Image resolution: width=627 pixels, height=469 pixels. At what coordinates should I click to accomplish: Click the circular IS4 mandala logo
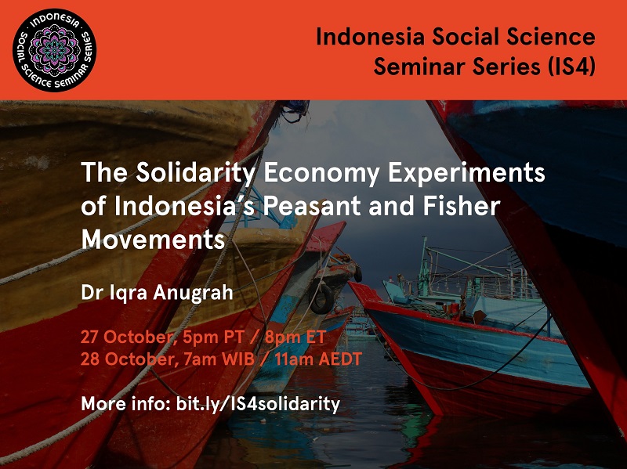(54, 50)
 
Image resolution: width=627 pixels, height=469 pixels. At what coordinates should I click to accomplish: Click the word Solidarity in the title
(194, 173)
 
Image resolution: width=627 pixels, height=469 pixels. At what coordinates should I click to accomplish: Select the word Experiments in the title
(466, 173)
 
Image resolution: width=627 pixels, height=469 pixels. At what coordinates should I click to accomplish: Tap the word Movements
(153, 240)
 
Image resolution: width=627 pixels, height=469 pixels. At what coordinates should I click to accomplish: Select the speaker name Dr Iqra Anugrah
(157, 293)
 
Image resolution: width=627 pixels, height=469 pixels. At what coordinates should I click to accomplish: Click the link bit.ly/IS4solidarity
(259, 404)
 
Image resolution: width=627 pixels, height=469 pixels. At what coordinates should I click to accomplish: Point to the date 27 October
(128, 337)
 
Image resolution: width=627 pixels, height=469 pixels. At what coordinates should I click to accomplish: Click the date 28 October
(128, 359)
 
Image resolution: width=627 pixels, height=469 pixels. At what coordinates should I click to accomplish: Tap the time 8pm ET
(295, 337)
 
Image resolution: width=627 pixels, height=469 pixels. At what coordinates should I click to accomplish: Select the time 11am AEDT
(318, 359)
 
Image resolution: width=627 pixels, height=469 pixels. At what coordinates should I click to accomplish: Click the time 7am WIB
(219, 359)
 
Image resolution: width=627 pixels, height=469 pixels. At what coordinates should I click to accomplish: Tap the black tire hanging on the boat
(322, 298)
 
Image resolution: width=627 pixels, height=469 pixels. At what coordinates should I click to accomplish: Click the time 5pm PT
(213, 338)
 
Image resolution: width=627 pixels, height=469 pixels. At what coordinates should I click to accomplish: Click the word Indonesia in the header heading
(370, 37)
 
